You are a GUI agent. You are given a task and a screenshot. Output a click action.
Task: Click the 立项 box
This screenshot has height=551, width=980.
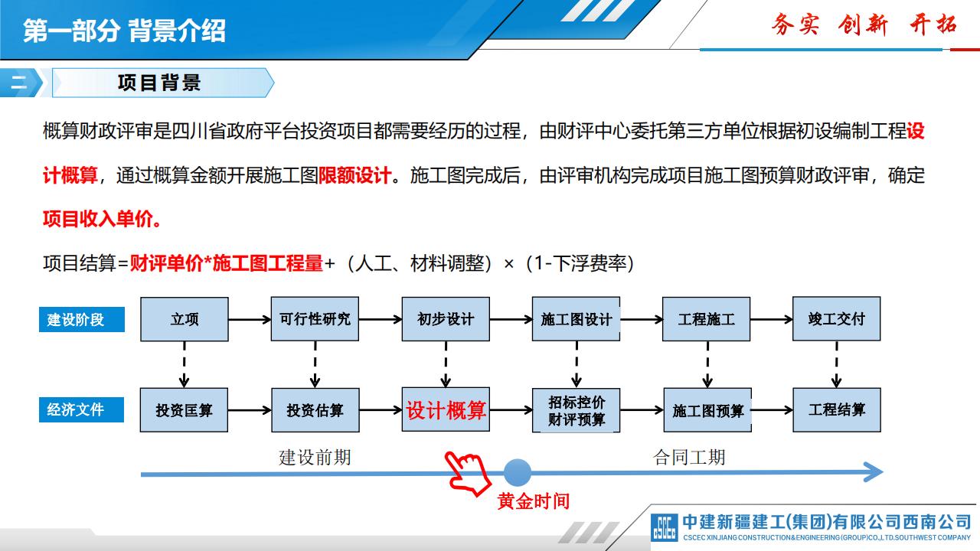click(x=185, y=319)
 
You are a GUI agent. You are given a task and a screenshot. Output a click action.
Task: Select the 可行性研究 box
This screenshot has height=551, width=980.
click(x=315, y=319)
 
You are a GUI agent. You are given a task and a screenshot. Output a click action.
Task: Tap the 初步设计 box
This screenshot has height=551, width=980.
click(x=446, y=319)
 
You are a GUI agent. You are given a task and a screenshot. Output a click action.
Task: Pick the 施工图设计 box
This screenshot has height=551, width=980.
click(x=576, y=319)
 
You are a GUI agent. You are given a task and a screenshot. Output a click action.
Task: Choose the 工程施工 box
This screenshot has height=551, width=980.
click(x=706, y=319)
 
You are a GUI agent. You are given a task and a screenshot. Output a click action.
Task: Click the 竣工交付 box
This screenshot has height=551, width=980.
click(x=836, y=319)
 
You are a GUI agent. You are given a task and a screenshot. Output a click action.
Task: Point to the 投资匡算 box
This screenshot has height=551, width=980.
click(x=185, y=410)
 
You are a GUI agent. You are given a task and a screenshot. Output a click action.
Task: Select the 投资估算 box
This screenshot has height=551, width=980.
click(x=315, y=410)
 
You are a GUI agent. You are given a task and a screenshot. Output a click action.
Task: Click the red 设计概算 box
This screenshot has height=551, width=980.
click(x=446, y=410)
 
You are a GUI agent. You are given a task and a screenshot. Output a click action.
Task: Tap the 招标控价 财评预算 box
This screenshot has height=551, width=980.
click(x=576, y=411)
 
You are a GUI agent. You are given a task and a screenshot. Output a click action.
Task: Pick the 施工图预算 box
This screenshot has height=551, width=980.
click(x=707, y=411)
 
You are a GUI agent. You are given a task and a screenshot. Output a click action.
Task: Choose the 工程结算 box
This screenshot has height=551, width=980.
click(x=836, y=410)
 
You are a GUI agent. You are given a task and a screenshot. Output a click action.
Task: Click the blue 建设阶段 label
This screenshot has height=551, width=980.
click(x=81, y=319)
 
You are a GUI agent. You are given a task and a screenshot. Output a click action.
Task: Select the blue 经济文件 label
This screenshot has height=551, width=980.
click(x=81, y=409)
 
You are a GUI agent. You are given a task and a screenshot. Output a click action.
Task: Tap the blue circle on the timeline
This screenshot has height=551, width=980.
click(x=517, y=472)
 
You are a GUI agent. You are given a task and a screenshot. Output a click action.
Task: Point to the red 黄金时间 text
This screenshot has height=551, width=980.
click(x=533, y=501)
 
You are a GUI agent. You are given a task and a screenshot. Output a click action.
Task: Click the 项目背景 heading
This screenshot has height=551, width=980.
click(x=159, y=83)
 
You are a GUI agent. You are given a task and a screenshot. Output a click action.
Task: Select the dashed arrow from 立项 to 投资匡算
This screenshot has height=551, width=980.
click(x=185, y=364)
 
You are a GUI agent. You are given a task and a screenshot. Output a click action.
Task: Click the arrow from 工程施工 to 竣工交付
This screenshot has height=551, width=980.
click(x=771, y=319)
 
